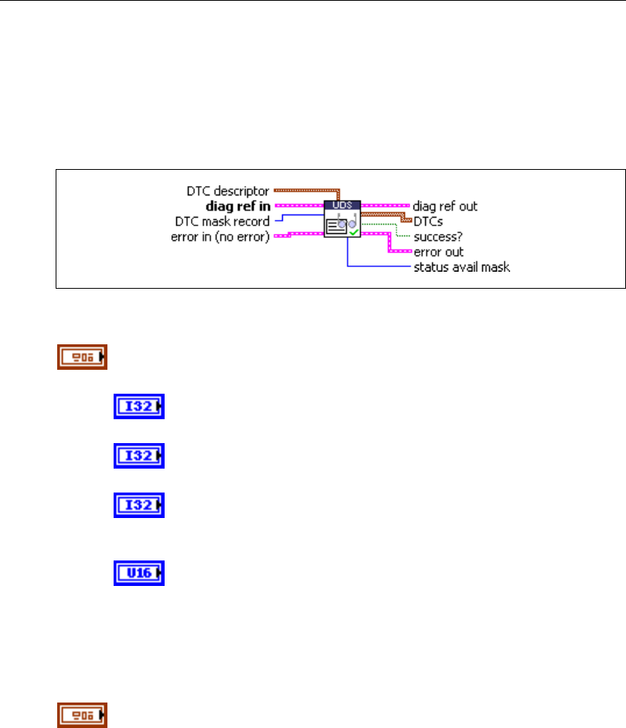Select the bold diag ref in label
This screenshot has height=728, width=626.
click(x=238, y=206)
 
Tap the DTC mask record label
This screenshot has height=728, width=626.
click(x=223, y=222)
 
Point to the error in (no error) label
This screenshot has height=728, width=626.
click(x=219, y=236)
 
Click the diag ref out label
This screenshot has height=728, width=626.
click(x=445, y=206)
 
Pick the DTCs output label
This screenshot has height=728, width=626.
click(x=428, y=221)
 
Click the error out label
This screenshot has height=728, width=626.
click(x=438, y=252)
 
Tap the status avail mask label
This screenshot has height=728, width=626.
click(x=461, y=267)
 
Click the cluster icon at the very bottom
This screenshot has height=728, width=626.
click(x=81, y=714)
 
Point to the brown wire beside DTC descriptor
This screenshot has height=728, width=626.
click(x=305, y=188)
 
